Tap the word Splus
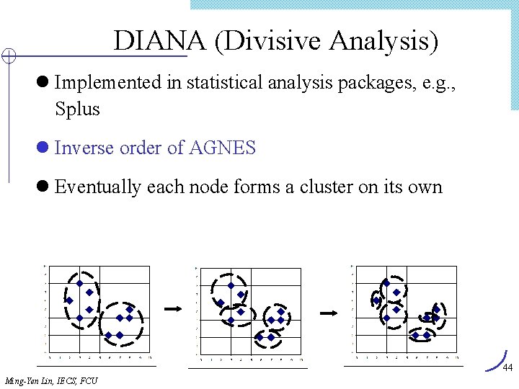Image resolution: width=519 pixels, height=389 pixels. point(77,109)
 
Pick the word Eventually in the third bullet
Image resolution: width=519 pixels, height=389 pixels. point(98,187)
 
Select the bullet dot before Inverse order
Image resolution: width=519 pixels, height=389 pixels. point(43,148)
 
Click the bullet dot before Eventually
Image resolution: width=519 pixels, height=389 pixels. point(43,187)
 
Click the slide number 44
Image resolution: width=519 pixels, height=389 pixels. point(507,368)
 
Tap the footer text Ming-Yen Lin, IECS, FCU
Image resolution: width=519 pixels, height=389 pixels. point(50,380)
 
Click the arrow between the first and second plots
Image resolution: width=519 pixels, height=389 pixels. point(174,309)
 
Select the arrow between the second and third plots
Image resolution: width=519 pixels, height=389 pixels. point(329,313)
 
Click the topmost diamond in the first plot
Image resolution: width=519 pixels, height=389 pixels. point(79,283)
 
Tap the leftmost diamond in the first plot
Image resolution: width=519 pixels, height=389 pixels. point(70,300)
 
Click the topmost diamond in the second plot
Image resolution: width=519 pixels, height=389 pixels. point(231,285)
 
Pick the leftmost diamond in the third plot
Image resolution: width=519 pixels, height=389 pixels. point(376,300)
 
